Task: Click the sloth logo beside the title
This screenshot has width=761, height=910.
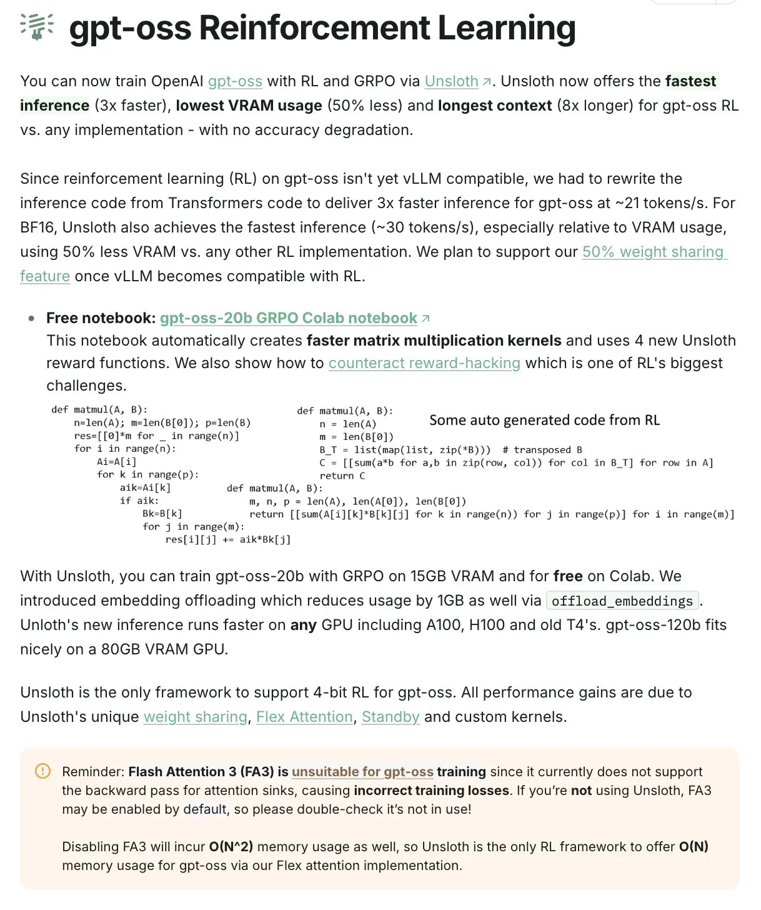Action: click(x=36, y=26)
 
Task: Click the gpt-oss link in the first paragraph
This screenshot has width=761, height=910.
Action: click(x=235, y=81)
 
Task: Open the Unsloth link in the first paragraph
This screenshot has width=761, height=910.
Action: click(x=452, y=81)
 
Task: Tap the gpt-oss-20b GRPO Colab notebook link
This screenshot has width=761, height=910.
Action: click(x=288, y=318)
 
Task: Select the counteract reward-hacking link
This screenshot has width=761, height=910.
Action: click(x=424, y=363)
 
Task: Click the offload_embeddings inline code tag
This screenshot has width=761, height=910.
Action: click(x=622, y=601)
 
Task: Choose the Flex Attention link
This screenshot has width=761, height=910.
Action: click(x=304, y=717)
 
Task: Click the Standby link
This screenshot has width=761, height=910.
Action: click(x=390, y=717)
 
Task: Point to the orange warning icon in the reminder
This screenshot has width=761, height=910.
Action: click(x=42, y=771)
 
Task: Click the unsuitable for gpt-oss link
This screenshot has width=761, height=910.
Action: click(x=362, y=772)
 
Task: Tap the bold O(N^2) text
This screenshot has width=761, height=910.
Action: click(x=231, y=847)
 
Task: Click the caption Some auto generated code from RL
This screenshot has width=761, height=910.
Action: click(x=544, y=421)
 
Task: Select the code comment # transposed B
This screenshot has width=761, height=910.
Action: click(x=542, y=450)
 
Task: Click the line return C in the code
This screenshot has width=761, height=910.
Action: click(x=342, y=476)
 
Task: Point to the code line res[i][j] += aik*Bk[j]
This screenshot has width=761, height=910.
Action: click(x=228, y=539)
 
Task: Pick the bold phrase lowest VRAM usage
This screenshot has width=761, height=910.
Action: click(x=249, y=106)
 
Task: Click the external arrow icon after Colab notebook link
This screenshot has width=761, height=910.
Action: click(x=426, y=319)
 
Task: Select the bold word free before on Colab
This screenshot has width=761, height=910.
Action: click(x=568, y=576)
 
